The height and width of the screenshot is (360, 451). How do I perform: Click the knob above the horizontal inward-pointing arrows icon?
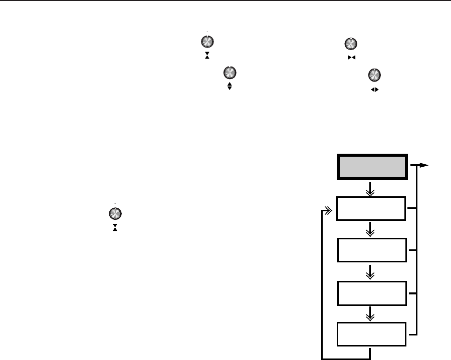[x=351, y=44]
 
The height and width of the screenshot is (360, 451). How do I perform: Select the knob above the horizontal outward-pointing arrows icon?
[x=373, y=75]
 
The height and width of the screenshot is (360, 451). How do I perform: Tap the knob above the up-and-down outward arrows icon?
[x=230, y=72]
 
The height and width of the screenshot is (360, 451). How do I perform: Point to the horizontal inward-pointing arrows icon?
[x=351, y=59]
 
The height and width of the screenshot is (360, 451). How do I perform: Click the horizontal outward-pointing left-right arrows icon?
[x=373, y=90]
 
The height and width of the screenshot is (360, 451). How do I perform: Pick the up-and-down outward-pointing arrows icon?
[x=230, y=87]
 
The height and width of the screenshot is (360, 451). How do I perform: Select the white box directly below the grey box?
[x=371, y=209]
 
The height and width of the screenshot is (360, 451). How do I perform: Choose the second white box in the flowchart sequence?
[x=371, y=250]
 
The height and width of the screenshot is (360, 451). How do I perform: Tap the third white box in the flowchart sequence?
[x=371, y=293]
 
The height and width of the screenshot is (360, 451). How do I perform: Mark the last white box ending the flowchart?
[x=371, y=334]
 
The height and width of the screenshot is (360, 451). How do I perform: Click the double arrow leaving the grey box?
[x=371, y=189]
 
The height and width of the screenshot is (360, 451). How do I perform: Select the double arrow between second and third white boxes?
[x=371, y=272]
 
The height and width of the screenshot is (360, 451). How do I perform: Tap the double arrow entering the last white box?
[x=371, y=314]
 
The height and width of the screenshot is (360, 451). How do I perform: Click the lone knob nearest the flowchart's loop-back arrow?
[x=115, y=213]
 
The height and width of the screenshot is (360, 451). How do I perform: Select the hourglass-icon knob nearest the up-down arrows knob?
[x=205, y=42]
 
